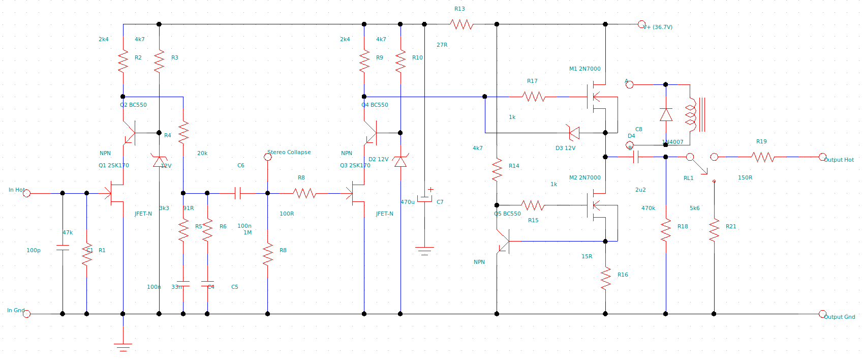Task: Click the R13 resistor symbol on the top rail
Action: point(461,24)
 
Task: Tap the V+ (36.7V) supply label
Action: point(658,27)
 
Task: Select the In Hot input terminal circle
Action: point(27,193)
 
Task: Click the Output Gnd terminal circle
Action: point(822,314)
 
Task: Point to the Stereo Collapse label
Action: point(289,152)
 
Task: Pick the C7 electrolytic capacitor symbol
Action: point(425,198)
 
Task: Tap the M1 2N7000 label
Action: point(584,69)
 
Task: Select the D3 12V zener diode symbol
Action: point(573,133)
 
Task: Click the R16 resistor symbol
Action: point(605,279)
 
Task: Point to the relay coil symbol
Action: point(691,115)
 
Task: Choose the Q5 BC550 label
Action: point(507,214)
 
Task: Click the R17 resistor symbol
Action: point(534,96)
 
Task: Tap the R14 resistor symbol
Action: point(497,170)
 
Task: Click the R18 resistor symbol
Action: point(666,230)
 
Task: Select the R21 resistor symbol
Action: point(714,230)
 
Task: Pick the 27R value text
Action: point(442,45)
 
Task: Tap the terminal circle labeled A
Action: point(629,84)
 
